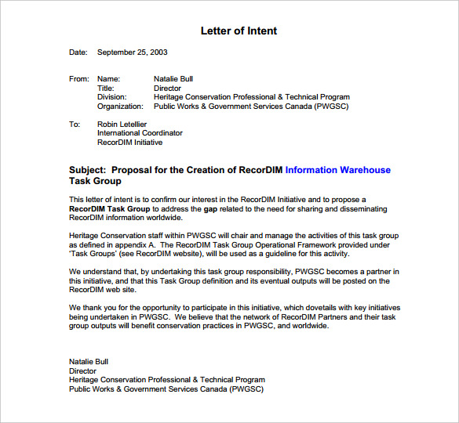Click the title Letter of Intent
click(239, 31)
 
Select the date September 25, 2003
click(132, 52)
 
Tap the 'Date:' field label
click(78, 52)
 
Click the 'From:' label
click(79, 79)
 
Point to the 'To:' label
click(75, 125)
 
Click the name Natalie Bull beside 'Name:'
click(173, 79)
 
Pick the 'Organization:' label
click(120, 107)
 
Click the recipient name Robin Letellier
click(122, 125)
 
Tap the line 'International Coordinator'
click(140, 133)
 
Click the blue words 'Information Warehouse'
click(337, 170)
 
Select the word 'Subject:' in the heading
click(88, 170)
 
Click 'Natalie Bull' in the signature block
click(89, 362)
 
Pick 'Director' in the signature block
click(83, 371)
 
